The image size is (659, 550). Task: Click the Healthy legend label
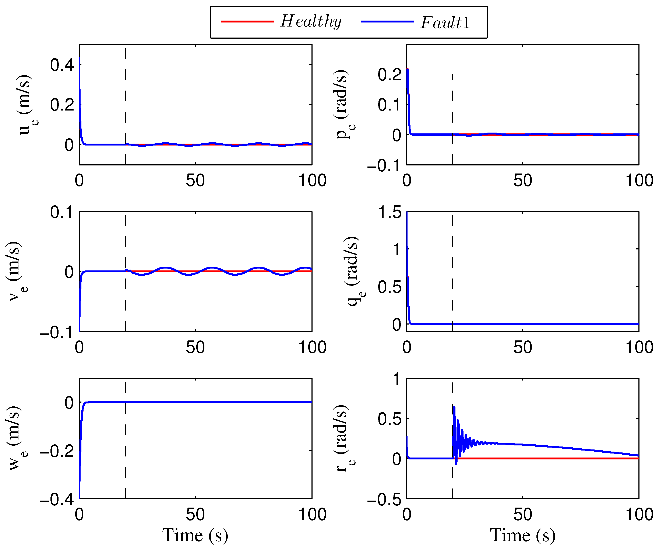click(310, 21)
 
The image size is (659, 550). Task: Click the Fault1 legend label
click(445, 22)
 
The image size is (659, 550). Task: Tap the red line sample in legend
click(247, 21)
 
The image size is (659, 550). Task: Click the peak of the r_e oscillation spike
click(454, 407)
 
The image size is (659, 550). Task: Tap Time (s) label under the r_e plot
click(522, 535)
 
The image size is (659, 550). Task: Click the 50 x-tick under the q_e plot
click(522, 347)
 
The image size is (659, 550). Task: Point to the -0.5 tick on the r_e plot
click(384, 500)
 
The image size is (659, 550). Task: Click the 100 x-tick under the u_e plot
click(312, 181)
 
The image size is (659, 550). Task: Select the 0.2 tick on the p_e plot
click(390, 75)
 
